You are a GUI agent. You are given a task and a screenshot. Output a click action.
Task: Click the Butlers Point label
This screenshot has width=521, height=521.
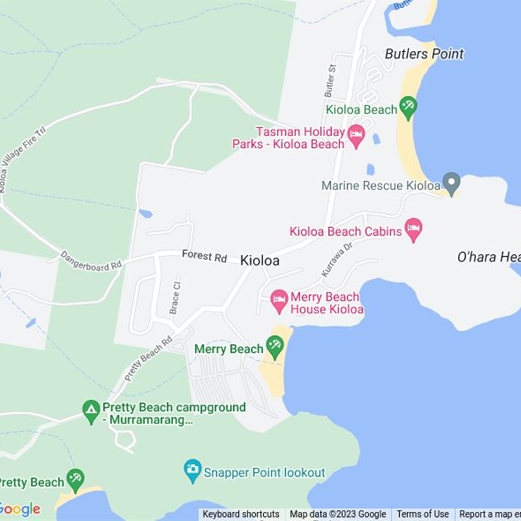coord(424,53)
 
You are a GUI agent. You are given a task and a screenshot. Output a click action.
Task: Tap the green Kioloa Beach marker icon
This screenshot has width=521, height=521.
coord(408,108)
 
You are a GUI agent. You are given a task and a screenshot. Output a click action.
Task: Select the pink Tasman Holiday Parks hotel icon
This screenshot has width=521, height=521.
coord(356,136)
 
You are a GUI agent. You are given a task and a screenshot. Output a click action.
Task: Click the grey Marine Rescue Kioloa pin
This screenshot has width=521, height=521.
coord(451,182)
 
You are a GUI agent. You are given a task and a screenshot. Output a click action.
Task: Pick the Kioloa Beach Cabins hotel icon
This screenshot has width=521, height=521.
coord(413,229)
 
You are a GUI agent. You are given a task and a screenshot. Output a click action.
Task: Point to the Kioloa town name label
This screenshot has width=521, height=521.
coord(260,260)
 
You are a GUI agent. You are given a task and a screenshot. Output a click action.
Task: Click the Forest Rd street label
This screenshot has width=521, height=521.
coord(204,256)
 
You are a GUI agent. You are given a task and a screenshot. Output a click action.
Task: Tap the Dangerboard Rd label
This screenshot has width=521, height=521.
coord(91,260)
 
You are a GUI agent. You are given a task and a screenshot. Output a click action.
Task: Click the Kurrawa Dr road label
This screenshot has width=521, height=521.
coord(336,260)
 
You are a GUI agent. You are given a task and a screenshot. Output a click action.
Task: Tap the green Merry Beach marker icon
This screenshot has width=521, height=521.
coord(275,346)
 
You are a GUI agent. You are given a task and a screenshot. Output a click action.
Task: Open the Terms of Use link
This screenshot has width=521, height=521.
coord(423,514)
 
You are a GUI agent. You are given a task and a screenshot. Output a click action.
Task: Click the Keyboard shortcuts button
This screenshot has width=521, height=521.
coord(241,514)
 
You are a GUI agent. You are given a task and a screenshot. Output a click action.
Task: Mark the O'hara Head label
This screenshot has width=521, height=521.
coord(488,257)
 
